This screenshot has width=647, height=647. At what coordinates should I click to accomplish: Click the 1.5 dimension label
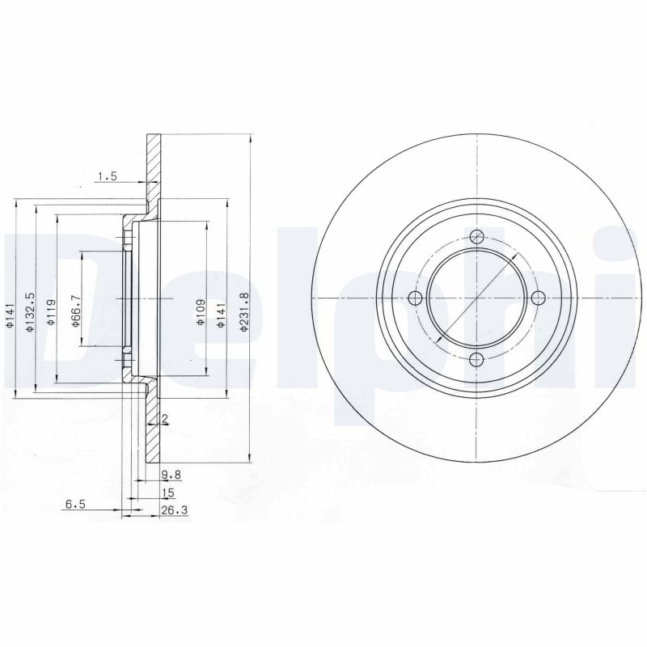[x=108, y=176]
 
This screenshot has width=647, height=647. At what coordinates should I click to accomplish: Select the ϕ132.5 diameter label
[x=30, y=312]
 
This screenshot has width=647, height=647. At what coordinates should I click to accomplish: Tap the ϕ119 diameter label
[x=51, y=312]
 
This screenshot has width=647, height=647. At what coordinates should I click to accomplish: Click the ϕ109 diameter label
[x=200, y=312]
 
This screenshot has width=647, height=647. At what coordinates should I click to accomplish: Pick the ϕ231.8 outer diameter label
[x=244, y=311]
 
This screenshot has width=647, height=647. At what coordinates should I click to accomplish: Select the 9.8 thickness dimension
[x=171, y=475]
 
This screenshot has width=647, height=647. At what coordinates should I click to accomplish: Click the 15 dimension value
[x=168, y=493]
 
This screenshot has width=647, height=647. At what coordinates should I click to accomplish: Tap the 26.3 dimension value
[x=175, y=510]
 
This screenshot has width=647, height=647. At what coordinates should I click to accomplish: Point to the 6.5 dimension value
[x=75, y=504]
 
